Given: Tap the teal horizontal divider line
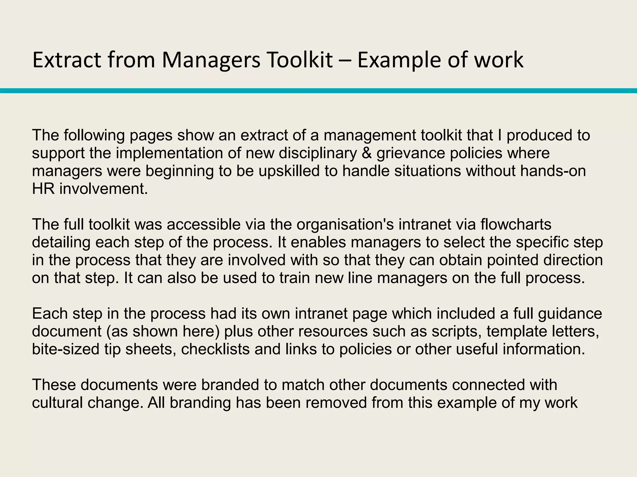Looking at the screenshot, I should click(318, 91).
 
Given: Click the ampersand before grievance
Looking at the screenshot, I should click(367, 153).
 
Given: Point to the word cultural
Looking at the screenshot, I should click(57, 403).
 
